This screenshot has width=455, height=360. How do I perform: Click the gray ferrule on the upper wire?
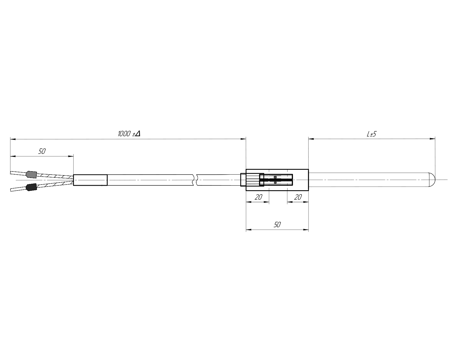(x=31, y=175)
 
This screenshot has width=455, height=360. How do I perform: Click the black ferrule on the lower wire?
(x=31, y=187)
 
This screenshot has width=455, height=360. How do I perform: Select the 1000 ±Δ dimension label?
(x=129, y=134)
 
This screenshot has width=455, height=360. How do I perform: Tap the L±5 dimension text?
(x=371, y=134)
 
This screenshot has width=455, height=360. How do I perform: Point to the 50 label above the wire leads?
(x=42, y=151)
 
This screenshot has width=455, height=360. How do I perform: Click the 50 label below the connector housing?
(x=277, y=224)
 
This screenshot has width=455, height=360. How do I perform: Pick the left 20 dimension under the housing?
(x=258, y=197)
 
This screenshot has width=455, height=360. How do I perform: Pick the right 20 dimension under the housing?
(x=298, y=197)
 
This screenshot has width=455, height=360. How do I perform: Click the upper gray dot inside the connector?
(x=275, y=177)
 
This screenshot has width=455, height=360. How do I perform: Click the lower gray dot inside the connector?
(x=275, y=183)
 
